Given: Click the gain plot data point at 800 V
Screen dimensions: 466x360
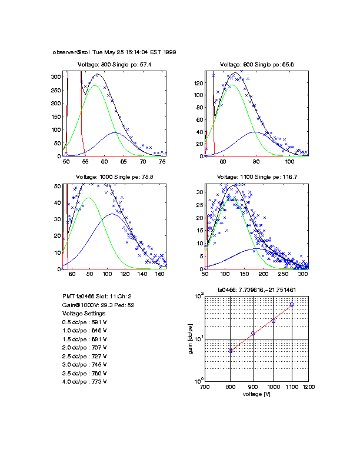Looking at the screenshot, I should point(231,351).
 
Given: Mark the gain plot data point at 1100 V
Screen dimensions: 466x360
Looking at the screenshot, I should point(292,304).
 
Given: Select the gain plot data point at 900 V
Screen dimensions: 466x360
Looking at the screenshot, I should point(253,334).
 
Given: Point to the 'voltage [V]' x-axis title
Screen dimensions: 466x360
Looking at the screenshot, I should point(256,394).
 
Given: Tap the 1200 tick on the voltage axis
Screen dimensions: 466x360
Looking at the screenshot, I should point(308,387).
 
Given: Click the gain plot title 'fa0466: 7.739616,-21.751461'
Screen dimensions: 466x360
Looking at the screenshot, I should point(256,290).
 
